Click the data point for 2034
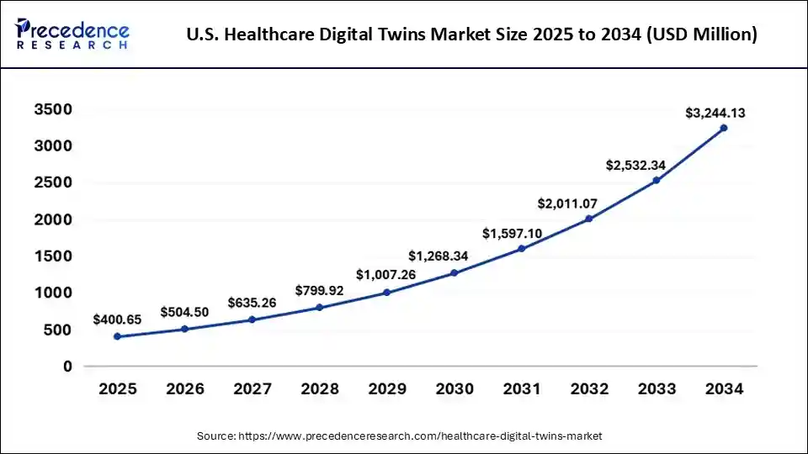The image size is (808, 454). click(x=723, y=128)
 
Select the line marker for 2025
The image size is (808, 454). click(x=117, y=336)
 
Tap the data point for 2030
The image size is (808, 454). click(x=454, y=272)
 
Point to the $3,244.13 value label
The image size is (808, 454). click(x=715, y=112)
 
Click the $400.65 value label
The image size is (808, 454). click(x=118, y=319)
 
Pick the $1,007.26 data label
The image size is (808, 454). click(x=386, y=274)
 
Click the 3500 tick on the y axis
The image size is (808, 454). click(x=53, y=110)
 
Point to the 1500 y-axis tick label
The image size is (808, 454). click(x=53, y=256)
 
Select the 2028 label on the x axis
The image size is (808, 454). click(x=319, y=389)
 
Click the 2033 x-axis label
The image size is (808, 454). click(x=656, y=389)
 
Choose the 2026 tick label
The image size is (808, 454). click(x=184, y=389)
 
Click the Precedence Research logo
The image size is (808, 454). click(x=72, y=34)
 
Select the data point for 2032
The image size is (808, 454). click(x=588, y=219)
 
